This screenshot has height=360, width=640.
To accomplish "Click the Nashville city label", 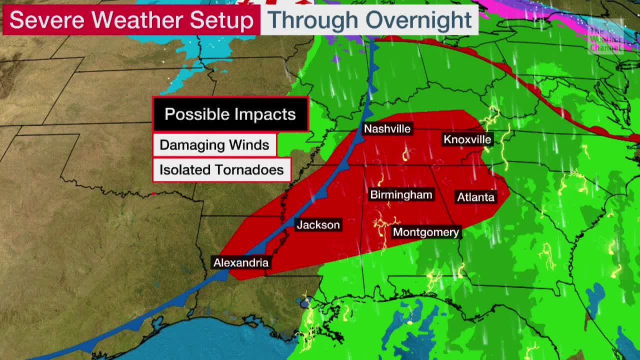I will pyautogui.click(x=387, y=129).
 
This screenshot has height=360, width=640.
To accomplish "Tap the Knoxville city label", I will pyautogui.click(x=467, y=139).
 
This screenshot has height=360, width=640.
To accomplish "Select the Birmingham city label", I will pyautogui.click(x=401, y=194).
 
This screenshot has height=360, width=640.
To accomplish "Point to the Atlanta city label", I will pyautogui.click(x=475, y=197).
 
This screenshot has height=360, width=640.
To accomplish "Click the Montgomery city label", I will pyautogui.click(x=425, y=232).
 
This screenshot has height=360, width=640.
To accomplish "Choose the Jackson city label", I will pyautogui.click(x=318, y=225).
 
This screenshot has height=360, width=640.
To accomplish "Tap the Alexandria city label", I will pyautogui.click(x=240, y=262).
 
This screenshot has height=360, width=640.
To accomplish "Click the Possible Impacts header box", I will pyautogui.click(x=230, y=114).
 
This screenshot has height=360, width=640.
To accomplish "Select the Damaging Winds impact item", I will pyautogui.click(x=214, y=145).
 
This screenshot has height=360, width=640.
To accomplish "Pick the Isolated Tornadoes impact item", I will pyautogui.click(x=221, y=170).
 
